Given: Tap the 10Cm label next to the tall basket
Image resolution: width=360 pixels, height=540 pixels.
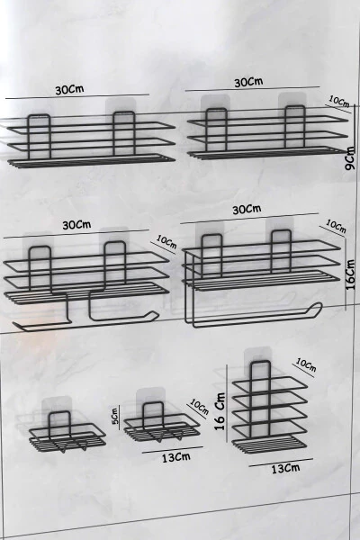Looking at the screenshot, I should (305, 365).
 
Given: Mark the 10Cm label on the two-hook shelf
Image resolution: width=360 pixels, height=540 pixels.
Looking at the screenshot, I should (166, 241).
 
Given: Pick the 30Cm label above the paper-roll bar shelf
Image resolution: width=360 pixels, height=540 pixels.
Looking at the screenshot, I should (246, 209).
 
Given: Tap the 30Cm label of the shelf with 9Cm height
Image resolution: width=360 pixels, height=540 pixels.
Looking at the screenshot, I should (248, 82).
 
